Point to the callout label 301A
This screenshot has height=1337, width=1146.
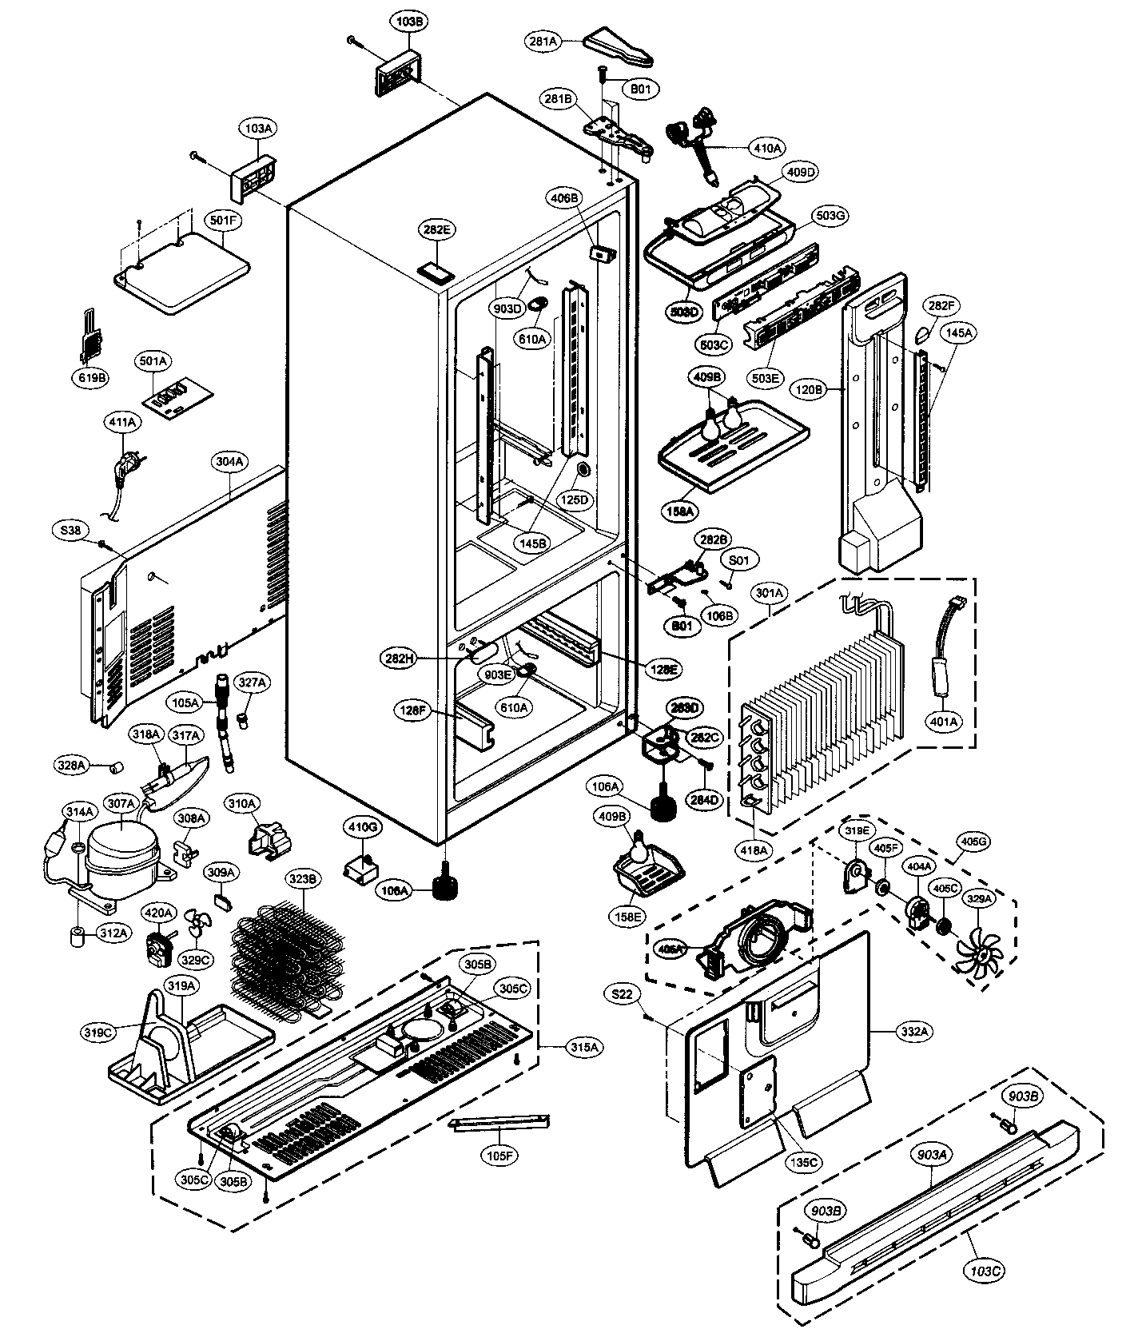tap(770, 593)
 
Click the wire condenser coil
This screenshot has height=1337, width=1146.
tap(288, 951)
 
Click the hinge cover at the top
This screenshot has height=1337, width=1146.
tap(621, 48)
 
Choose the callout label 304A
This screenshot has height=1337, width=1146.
tap(230, 462)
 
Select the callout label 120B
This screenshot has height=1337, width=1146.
tap(809, 390)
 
